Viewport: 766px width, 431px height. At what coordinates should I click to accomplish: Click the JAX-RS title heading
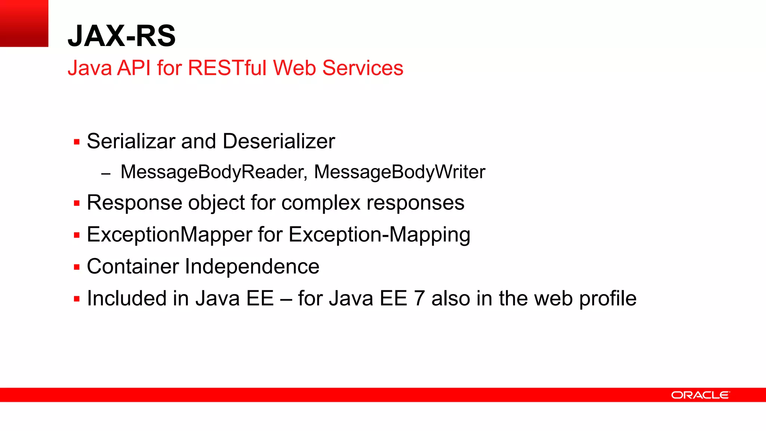[x=122, y=36]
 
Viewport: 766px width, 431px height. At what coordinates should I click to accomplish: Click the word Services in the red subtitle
[x=362, y=68]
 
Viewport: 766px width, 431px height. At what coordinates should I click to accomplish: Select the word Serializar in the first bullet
[x=131, y=141]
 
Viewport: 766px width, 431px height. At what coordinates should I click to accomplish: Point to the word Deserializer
[x=279, y=141]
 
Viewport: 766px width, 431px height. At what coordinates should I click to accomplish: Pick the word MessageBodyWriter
[x=399, y=172]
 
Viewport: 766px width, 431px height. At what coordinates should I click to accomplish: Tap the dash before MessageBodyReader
[x=106, y=174]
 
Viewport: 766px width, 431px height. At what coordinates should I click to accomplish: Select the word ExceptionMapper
[x=169, y=235]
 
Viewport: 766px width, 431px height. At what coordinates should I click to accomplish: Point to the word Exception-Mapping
[x=379, y=235]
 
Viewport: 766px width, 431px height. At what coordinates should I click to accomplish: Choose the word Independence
[x=252, y=267]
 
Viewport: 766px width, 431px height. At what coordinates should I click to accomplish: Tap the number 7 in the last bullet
[x=419, y=299]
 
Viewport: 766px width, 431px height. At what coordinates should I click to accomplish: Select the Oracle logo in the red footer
[x=700, y=395]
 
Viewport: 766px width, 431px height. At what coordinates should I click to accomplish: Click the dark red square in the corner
[x=24, y=23]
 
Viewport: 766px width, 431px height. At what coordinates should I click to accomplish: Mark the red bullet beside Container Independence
[x=77, y=267]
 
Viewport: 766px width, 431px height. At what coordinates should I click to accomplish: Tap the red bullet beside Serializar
[x=77, y=142]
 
